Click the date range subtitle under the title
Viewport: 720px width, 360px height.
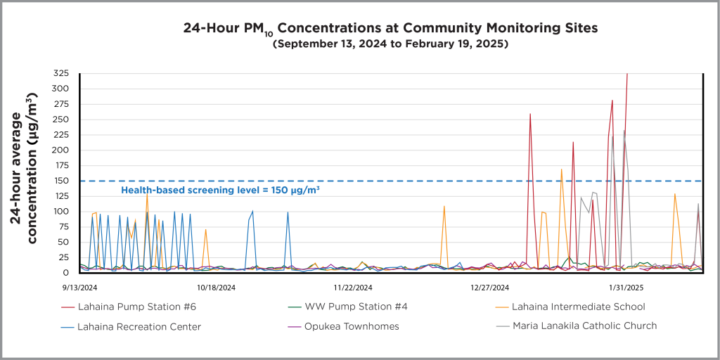(390, 44)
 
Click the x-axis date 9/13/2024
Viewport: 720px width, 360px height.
(79, 287)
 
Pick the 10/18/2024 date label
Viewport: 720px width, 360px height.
(216, 287)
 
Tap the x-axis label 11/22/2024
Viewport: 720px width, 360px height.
(352, 287)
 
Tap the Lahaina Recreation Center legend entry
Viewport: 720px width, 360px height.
(139, 326)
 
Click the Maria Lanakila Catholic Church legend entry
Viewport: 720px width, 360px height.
(584, 326)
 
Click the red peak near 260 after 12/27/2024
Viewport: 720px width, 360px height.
(530, 114)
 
